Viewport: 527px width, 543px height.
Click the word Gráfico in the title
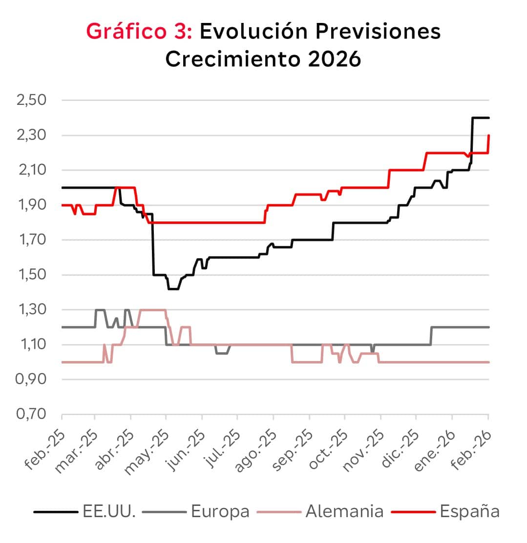coord(133,32)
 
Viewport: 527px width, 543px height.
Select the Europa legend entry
coord(220,512)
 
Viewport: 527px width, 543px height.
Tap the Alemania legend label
coord(344,512)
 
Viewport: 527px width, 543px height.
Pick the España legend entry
coord(469,512)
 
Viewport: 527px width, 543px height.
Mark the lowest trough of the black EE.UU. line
coord(173,289)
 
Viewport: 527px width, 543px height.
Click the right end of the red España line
coord(489,136)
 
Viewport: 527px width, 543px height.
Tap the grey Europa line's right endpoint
coord(489,327)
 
